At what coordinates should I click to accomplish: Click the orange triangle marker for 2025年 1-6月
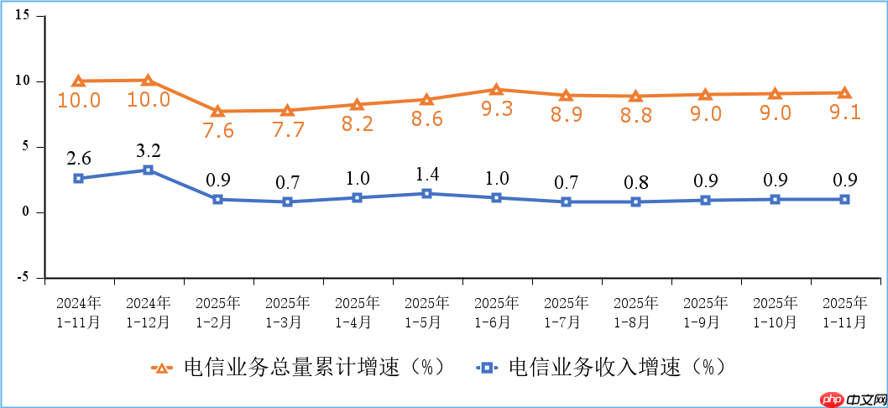coord(496,90)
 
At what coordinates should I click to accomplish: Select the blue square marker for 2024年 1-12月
coord(148,170)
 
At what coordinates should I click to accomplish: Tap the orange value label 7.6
coord(217,130)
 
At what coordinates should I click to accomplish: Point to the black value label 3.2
coord(148,151)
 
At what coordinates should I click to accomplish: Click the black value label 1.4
coord(426,175)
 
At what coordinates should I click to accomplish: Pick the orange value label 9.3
coord(496,108)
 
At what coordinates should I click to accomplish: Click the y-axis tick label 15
coord(21,16)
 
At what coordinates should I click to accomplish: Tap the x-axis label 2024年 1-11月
coord(78,311)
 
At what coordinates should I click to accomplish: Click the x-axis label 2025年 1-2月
coord(217,311)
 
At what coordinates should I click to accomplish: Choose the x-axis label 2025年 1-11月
coord(844,311)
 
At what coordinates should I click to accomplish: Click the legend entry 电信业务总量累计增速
coord(298,367)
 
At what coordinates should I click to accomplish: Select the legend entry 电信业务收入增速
coord(601,367)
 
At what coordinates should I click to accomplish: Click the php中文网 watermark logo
coord(848,398)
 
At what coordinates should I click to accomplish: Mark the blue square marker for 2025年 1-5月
coord(426,193)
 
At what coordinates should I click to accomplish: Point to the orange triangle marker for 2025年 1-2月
coord(217,111)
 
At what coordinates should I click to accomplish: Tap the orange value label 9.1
coord(844,112)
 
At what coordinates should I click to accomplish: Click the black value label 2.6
coord(78,159)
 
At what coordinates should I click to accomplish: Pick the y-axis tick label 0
coord(26,212)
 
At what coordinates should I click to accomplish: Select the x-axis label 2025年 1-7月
coord(566,311)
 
